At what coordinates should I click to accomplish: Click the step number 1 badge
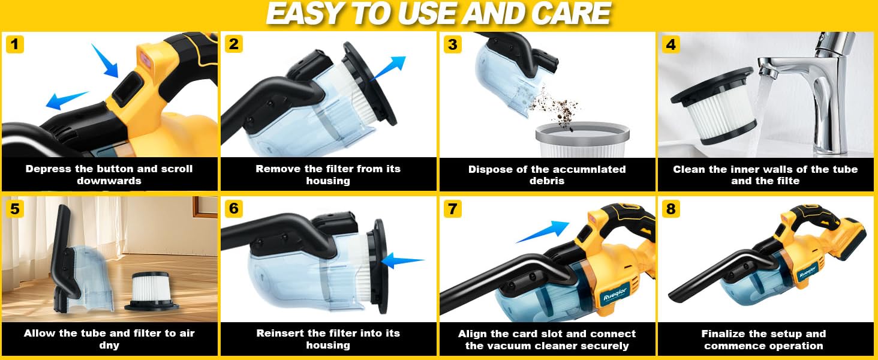15,44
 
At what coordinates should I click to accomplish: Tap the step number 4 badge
670,44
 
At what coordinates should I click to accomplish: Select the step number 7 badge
452,209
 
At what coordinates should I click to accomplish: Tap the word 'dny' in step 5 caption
109,346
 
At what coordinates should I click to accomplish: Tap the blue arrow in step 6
402,261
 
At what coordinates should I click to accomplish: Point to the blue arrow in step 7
543,232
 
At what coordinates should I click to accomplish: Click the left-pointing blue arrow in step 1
67,100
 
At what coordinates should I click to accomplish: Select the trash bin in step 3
582,140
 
